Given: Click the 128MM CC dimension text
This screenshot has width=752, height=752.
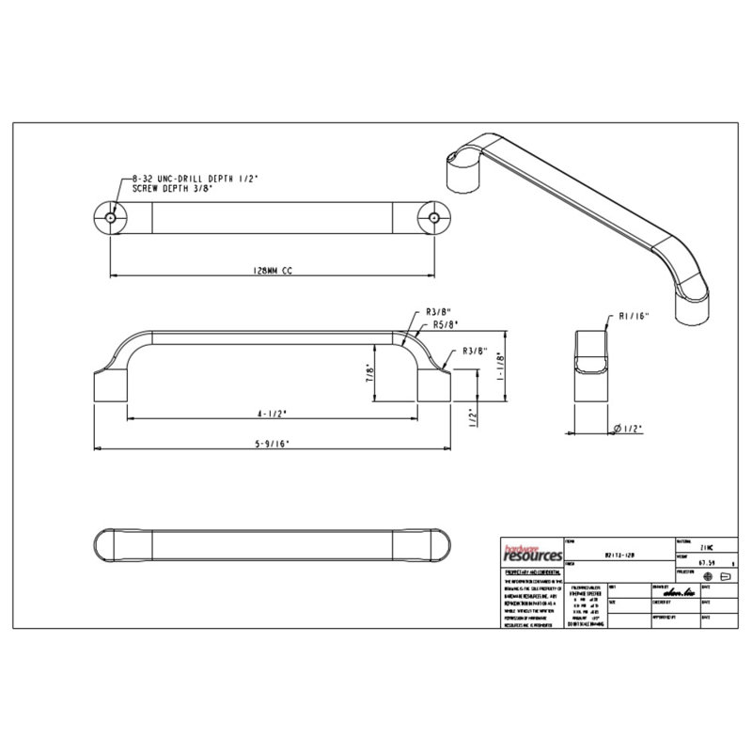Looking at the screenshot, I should tap(273, 270).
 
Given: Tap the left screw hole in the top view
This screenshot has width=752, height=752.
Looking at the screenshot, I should tap(111, 217).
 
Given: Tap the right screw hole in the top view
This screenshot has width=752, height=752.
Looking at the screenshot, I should tap(434, 217).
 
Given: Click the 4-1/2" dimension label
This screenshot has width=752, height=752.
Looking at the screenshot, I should tap(273, 412).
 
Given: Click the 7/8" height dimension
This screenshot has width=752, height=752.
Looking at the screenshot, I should tap(370, 372).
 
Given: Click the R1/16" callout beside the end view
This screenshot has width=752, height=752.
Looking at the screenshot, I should tap(635, 316).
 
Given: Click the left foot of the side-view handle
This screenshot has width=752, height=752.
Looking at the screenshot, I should tap(108, 385).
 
